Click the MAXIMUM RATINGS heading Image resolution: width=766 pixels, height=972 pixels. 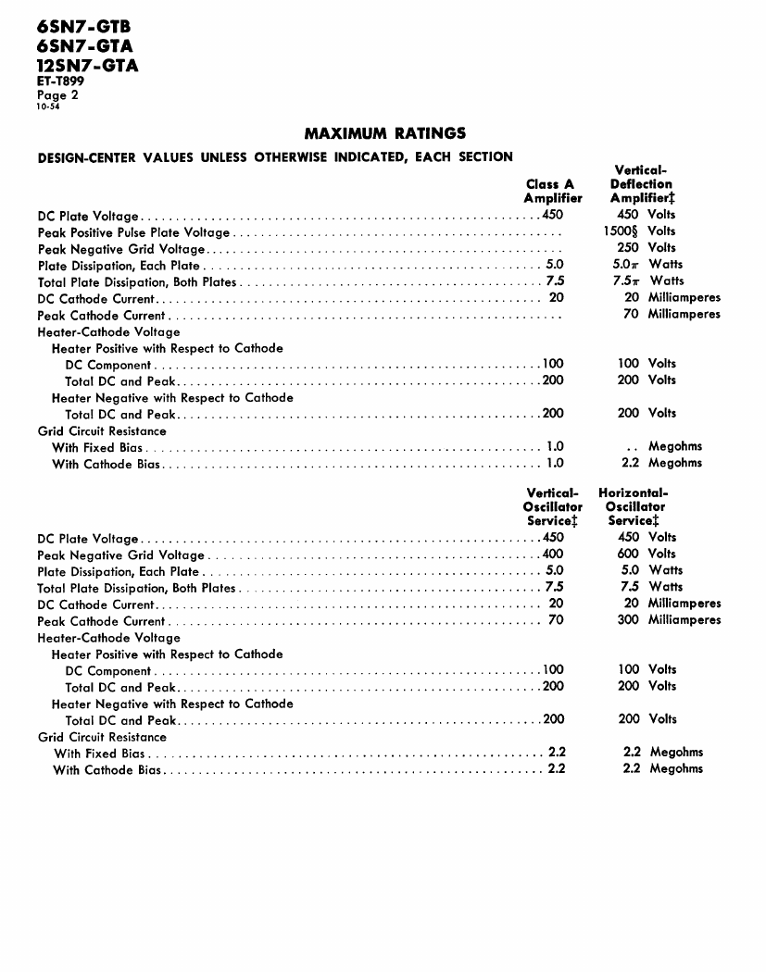tap(384, 133)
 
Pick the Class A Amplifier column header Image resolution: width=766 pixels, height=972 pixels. tap(552, 191)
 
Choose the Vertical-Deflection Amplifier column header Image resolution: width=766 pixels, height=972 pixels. tap(642, 184)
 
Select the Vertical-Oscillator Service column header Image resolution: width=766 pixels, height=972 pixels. tap(552, 506)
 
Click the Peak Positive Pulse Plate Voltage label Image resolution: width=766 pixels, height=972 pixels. tap(134, 232)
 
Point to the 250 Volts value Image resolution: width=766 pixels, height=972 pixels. tap(647, 247)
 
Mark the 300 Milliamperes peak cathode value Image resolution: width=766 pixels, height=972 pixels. tap(669, 619)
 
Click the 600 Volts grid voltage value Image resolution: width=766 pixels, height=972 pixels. tap(647, 554)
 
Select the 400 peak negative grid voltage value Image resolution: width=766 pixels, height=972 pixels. tap(552, 555)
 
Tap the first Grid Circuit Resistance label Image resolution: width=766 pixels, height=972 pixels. tap(102, 430)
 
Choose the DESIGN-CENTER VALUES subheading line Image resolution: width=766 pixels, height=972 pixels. tap(275, 156)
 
